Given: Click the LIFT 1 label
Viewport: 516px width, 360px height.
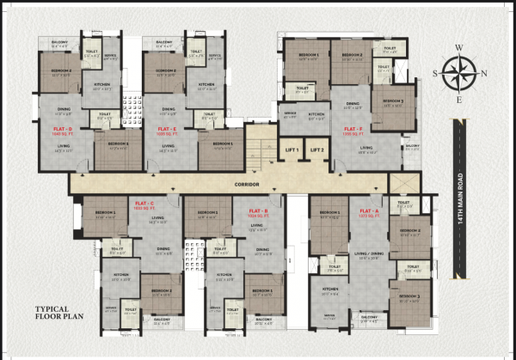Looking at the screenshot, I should click(x=292, y=150).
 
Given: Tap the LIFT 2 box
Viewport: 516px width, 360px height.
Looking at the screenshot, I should click(x=318, y=150).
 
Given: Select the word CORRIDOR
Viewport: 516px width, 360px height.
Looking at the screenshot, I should click(x=247, y=184).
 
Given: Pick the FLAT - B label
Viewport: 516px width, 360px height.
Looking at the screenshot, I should click(x=259, y=211).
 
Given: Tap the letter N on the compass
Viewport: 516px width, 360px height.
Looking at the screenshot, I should click(x=485, y=73).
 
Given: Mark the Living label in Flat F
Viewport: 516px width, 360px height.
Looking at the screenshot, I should click(x=366, y=148).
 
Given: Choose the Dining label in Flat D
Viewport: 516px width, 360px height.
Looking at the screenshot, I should click(x=64, y=109).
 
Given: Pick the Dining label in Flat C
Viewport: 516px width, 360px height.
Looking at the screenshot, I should click(x=163, y=250).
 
